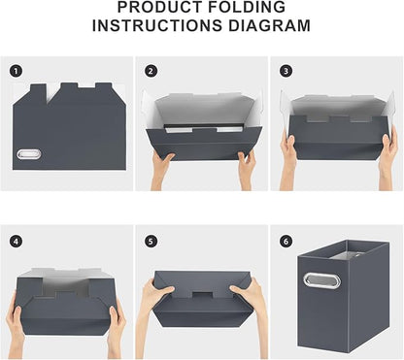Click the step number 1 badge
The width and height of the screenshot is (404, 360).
16,71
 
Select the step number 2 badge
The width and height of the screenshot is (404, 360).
151,71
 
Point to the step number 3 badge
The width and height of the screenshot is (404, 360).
286,71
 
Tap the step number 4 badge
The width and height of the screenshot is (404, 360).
16,240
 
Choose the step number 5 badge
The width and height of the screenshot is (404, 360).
151,240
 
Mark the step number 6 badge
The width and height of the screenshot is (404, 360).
286,240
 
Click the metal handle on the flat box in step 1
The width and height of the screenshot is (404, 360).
30,153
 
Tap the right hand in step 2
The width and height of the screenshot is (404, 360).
247,168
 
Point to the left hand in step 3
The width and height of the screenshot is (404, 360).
288,150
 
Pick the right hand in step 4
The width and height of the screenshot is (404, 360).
116,328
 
